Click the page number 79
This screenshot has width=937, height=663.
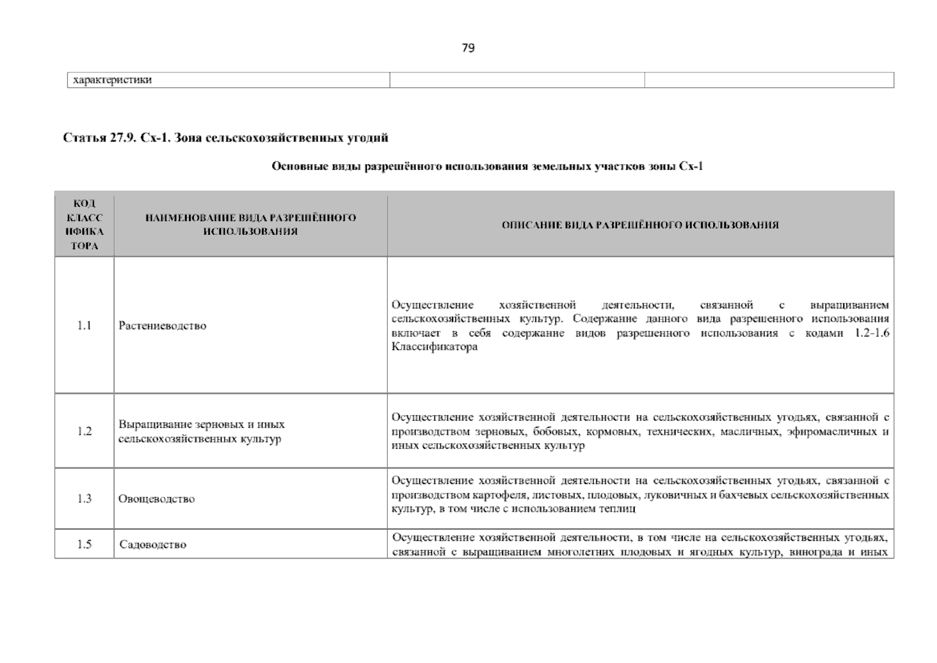[x=467, y=48]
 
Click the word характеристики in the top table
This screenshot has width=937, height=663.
[x=110, y=80]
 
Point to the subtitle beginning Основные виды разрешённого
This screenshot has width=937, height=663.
[x=487, y=166]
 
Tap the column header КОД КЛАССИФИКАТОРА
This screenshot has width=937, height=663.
[x=84, y=225]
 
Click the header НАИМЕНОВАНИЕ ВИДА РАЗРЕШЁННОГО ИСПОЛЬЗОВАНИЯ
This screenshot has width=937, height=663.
[x=250, y=224]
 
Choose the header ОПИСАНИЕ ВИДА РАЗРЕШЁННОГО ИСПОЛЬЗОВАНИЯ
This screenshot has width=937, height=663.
[x=640, y=225]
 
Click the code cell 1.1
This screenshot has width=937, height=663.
[x=84, y=325]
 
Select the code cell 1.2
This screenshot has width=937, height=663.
[x=84, y=432]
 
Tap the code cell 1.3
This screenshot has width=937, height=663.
[x=84, y=499]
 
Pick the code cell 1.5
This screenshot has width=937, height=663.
[x=84, y=545]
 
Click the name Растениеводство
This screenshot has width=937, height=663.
[x=162, y=325]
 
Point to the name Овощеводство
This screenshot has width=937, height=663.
[x=157, y=499]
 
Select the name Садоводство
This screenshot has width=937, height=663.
[x=153, y=545]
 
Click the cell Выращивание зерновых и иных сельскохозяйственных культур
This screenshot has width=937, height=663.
[x=202, y=432]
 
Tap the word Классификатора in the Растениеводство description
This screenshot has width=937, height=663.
[x=434, y=348]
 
